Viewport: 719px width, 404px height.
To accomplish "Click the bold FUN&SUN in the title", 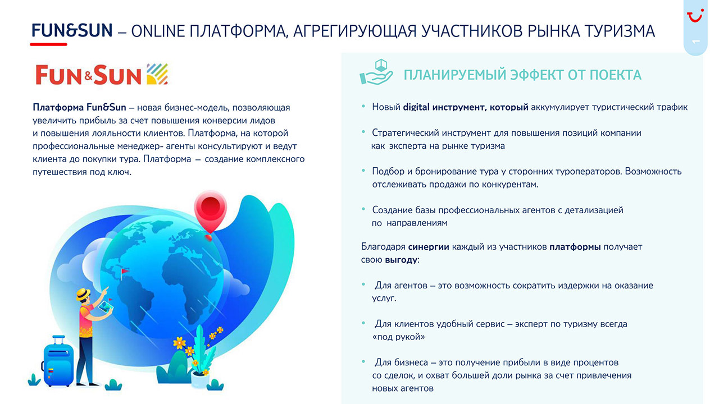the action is coord(72,31).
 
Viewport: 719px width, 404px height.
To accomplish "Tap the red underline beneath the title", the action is coord(48,44).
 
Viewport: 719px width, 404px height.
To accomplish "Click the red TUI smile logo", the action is coord(695,16).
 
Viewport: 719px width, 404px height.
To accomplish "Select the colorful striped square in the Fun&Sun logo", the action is coord(157,74).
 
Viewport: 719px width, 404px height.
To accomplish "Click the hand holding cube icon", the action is coord(376,72).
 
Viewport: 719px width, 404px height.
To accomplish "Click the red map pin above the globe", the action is coord(210,212).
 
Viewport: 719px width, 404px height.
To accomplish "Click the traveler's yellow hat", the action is coord(83,294).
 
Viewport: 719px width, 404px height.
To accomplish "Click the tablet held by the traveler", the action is coord(106,307).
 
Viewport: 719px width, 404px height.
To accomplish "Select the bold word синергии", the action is coord(429,247).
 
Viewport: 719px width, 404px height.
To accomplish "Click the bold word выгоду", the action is coord(401,260).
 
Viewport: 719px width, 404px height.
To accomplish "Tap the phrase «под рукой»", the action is coord(398,337).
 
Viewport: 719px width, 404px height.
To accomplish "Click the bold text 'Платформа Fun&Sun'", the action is coord(79,107).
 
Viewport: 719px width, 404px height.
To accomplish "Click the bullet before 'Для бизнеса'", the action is coord(363,362).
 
